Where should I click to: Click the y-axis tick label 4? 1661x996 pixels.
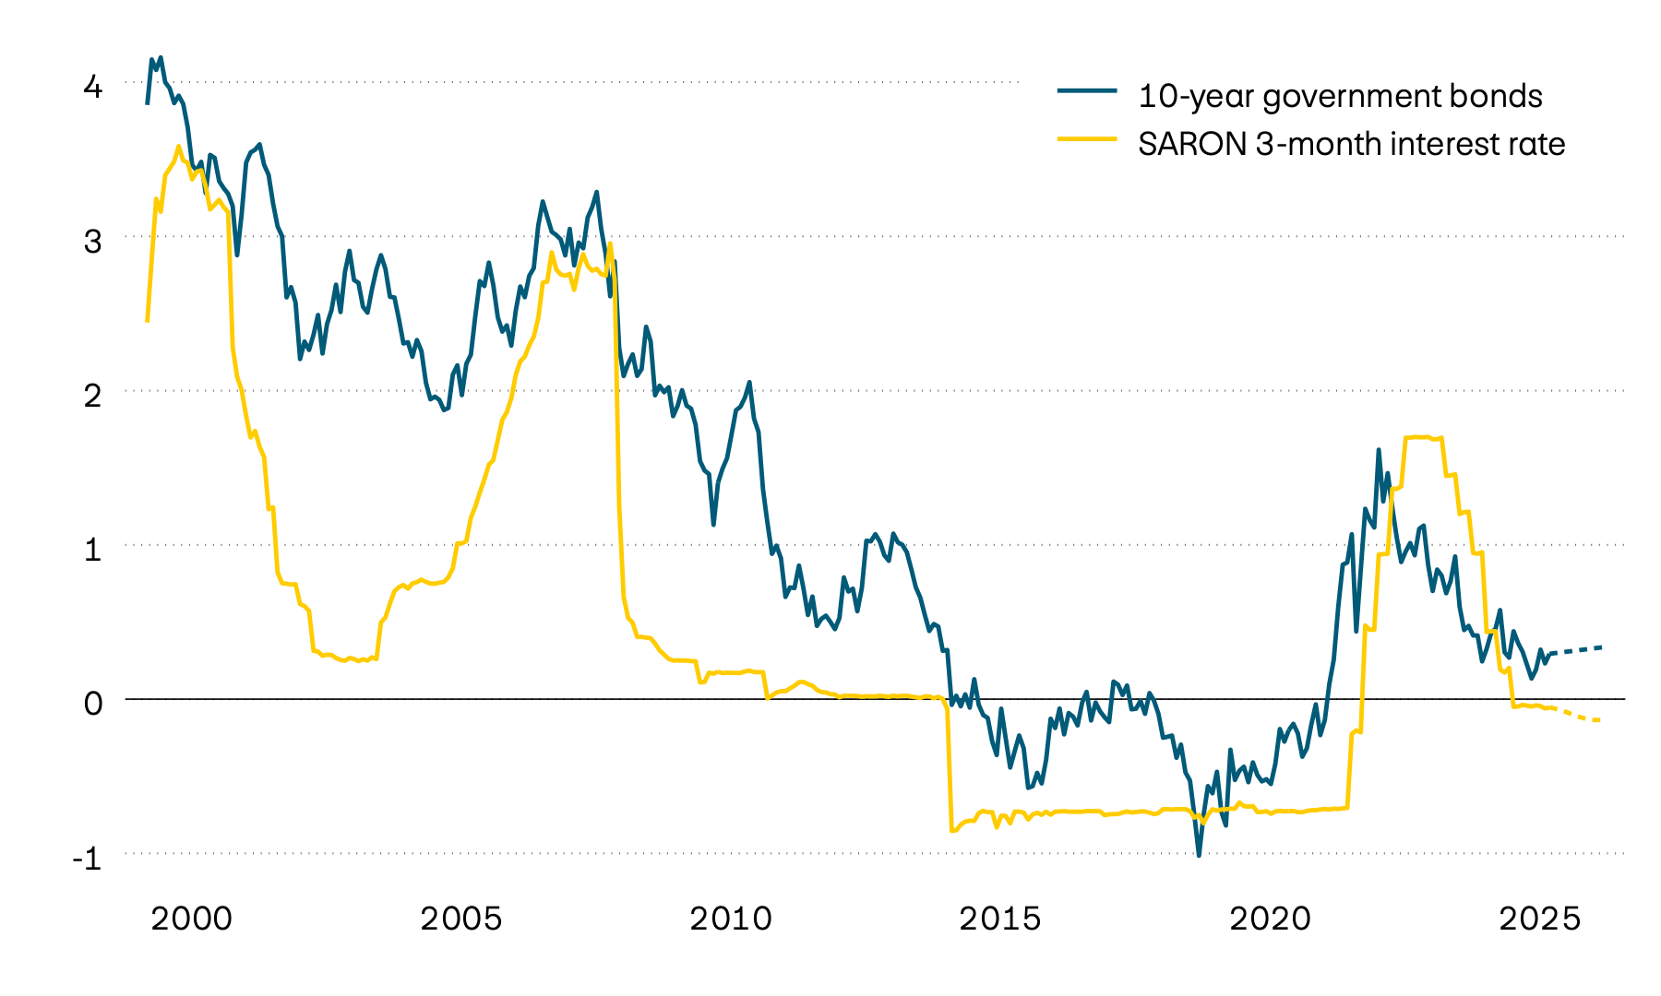93,88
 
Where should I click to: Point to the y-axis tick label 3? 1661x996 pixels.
93,242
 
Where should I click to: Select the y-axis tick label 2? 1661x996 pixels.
93,396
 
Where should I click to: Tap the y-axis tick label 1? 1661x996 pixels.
93,550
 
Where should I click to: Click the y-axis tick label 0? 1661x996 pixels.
93,704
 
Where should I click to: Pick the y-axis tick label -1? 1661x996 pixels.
88,859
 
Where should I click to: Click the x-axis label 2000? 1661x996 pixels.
192,919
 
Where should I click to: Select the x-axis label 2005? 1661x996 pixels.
461,919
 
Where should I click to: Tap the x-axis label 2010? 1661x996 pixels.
731,919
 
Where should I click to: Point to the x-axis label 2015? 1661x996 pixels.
1000,919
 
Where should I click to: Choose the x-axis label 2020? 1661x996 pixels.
1270,919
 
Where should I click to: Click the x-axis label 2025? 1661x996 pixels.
1539,919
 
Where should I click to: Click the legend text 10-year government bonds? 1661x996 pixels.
1340,96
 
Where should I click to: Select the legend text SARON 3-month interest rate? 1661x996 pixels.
1351,144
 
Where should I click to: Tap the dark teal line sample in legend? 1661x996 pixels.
1087,90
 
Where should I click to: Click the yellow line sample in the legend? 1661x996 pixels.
1087,138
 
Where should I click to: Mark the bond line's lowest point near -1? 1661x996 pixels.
1199,855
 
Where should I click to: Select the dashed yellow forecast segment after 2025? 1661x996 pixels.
1580,716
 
